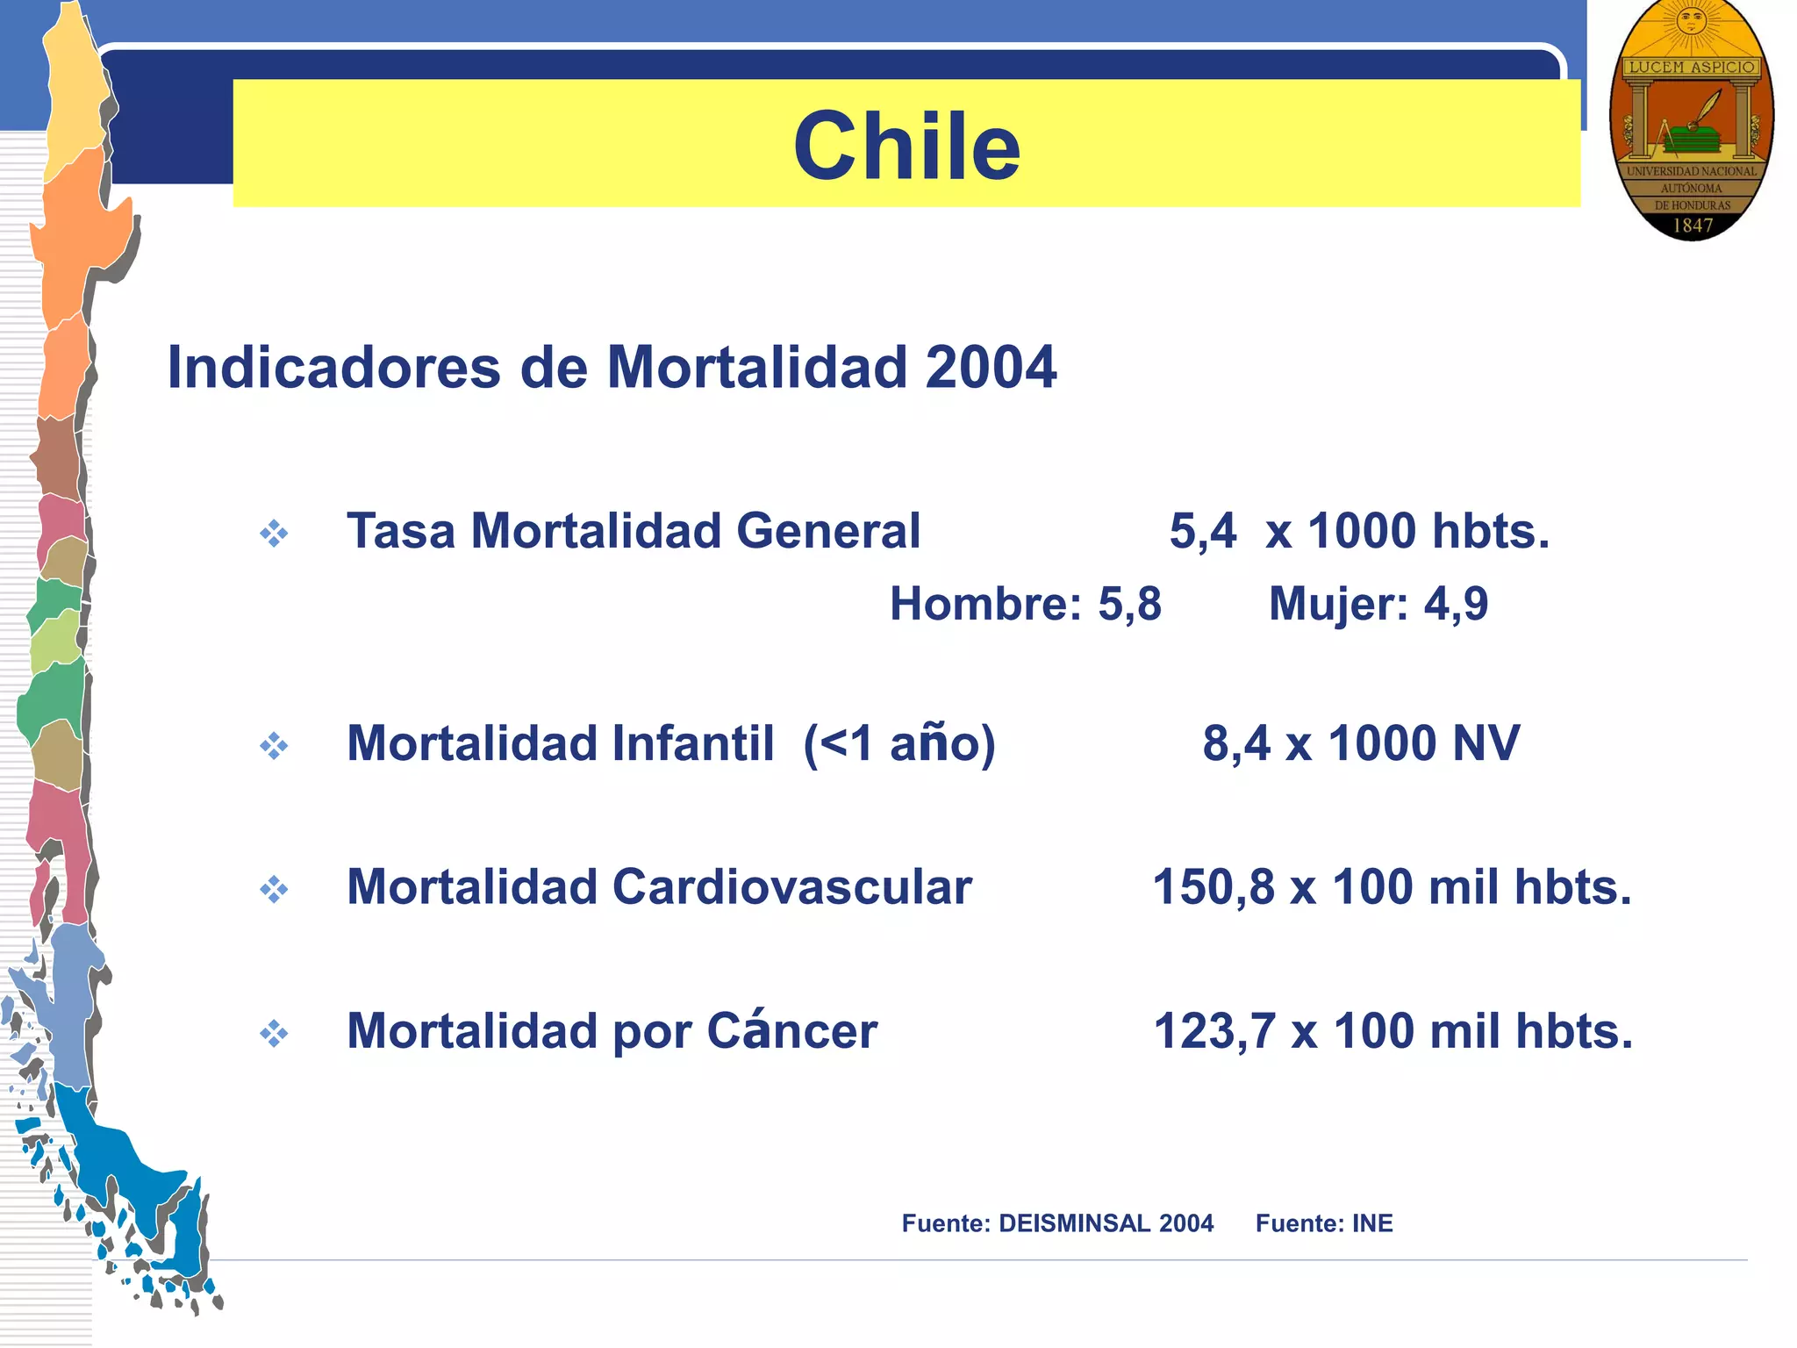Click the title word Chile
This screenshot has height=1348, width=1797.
906,146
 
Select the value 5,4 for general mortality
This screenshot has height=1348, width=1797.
1203,531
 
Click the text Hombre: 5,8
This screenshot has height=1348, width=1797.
1025,604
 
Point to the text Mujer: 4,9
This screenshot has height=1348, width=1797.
1378,604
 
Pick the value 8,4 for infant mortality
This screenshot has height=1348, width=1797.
1235,743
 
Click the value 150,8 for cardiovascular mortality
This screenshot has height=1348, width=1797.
1213,887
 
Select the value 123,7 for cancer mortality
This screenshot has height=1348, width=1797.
1214,1031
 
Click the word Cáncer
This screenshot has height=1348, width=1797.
791,1031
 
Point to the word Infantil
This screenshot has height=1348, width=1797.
693,743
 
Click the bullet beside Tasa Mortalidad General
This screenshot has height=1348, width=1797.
274,534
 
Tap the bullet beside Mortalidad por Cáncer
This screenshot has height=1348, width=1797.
274,1034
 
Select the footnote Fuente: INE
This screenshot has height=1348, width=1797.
1323,1223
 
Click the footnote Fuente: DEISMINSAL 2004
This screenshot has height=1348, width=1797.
1057,1223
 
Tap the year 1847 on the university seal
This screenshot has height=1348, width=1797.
1693,226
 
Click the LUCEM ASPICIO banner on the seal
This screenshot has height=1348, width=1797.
1692,67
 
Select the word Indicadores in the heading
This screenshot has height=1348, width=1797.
333,367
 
